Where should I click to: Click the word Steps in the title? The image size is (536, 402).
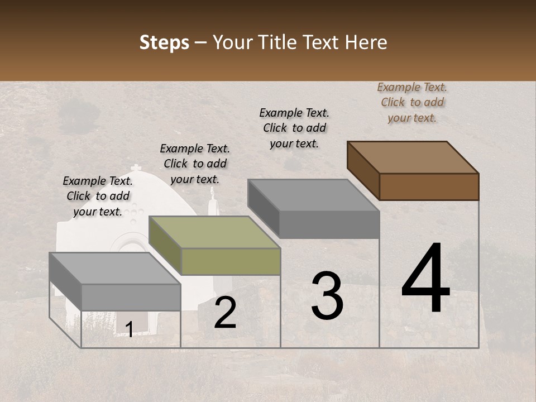164,43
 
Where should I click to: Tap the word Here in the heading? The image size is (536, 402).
366,42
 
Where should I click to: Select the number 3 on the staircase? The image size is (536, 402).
327,296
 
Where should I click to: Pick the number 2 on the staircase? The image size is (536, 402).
225,313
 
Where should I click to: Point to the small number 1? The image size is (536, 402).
129,330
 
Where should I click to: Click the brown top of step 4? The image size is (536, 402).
413,157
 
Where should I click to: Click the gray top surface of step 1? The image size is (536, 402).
115,269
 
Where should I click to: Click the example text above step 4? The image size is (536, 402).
412,102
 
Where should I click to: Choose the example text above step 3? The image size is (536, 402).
294,128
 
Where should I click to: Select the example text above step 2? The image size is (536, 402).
195,164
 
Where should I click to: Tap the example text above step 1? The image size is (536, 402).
98,196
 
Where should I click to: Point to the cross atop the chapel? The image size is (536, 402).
135,169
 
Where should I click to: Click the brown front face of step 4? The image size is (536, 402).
429,186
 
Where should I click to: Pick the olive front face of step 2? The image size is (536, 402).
231,261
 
